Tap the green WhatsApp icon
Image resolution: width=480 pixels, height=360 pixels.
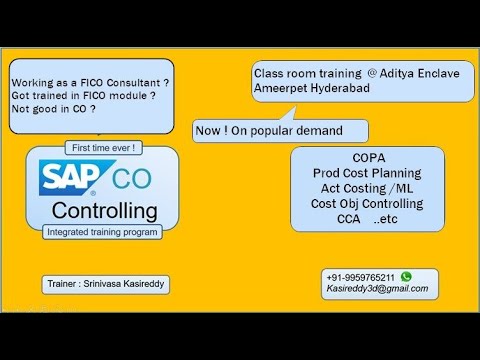(x=405, y=275)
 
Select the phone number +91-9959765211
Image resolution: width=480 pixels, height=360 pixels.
(x=360, y=276)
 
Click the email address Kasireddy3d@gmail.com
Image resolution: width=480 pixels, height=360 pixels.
(x=376, y=288)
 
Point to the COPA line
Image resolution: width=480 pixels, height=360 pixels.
(x=368, y=158)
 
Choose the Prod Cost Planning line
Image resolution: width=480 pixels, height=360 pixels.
(x=368, y=173)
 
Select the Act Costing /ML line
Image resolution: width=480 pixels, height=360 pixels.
(x=368, y=188)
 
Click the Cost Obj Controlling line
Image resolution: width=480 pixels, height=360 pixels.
(x=368, y=203)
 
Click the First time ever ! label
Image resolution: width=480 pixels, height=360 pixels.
(x=104, y=147)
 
